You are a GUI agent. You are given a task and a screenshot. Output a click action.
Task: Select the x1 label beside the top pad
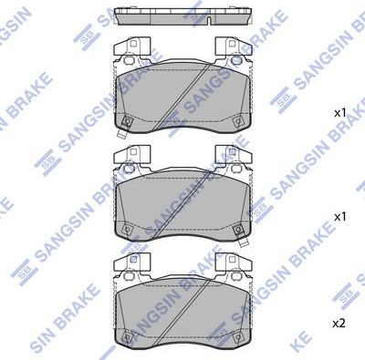(x=340, y=112)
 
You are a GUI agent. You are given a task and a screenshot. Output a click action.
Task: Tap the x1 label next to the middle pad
(x=340, y=217)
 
